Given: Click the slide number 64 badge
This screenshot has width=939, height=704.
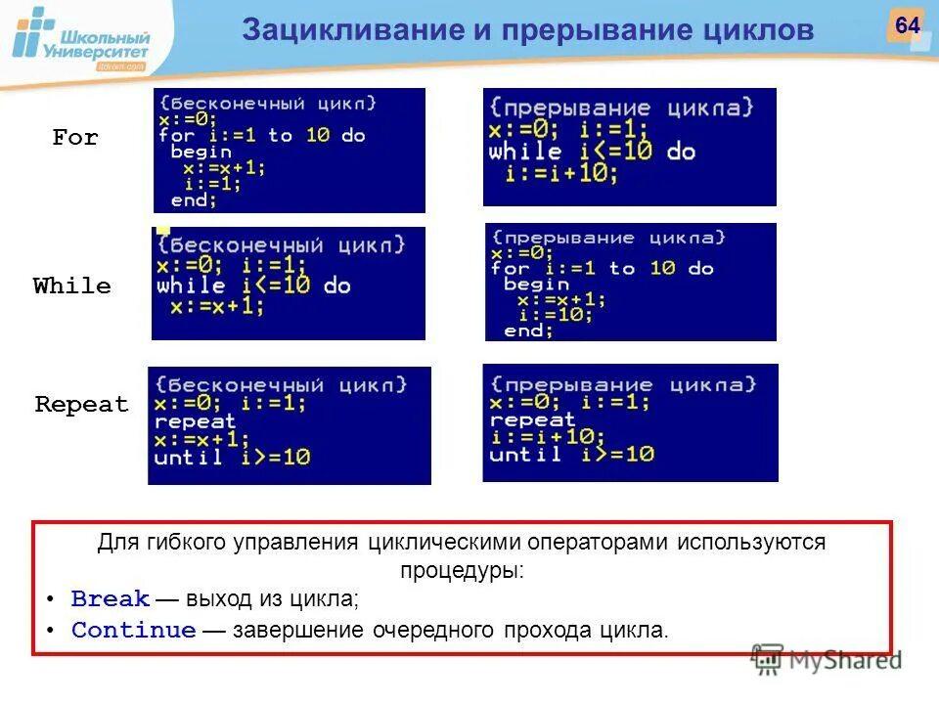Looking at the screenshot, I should click(906, 25).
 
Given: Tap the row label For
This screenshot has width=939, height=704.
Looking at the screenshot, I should click(75, 138).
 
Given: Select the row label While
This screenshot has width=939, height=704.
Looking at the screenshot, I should click(72, 286).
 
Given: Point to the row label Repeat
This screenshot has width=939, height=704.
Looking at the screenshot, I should click(82, 405).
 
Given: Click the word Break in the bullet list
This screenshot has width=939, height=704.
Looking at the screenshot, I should click(111, 598).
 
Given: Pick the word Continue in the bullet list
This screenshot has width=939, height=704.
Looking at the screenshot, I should click(134, 631).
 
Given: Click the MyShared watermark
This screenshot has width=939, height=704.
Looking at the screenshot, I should click(827, 660).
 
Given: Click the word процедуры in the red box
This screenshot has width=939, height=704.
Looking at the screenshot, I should click(462, 570).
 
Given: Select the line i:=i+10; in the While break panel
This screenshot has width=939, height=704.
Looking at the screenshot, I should click(562, 174).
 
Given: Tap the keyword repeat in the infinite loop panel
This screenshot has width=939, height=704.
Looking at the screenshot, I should click(196, 421).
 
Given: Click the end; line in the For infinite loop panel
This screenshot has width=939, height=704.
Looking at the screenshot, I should click(195, 199).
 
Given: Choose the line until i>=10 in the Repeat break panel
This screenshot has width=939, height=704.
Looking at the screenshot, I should click(572, 455).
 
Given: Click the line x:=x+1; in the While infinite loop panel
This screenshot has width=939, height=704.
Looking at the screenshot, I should click(217, 306).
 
